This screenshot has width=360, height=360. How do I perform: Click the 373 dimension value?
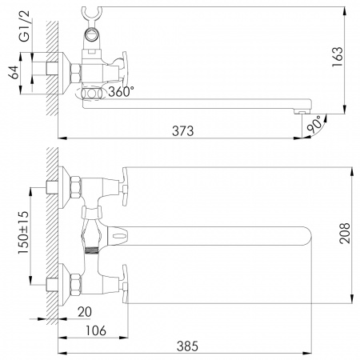182,131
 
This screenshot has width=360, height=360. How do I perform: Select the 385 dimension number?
187,346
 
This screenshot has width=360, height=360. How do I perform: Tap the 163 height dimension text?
338,57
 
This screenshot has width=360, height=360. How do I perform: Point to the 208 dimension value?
345,233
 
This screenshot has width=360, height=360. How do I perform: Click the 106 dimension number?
96,330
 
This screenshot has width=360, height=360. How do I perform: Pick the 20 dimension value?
85,312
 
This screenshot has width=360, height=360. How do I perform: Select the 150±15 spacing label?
23,233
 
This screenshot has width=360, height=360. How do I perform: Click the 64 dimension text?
14,72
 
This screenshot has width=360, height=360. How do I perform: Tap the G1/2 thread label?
25,26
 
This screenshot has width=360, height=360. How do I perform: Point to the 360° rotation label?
121,92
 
